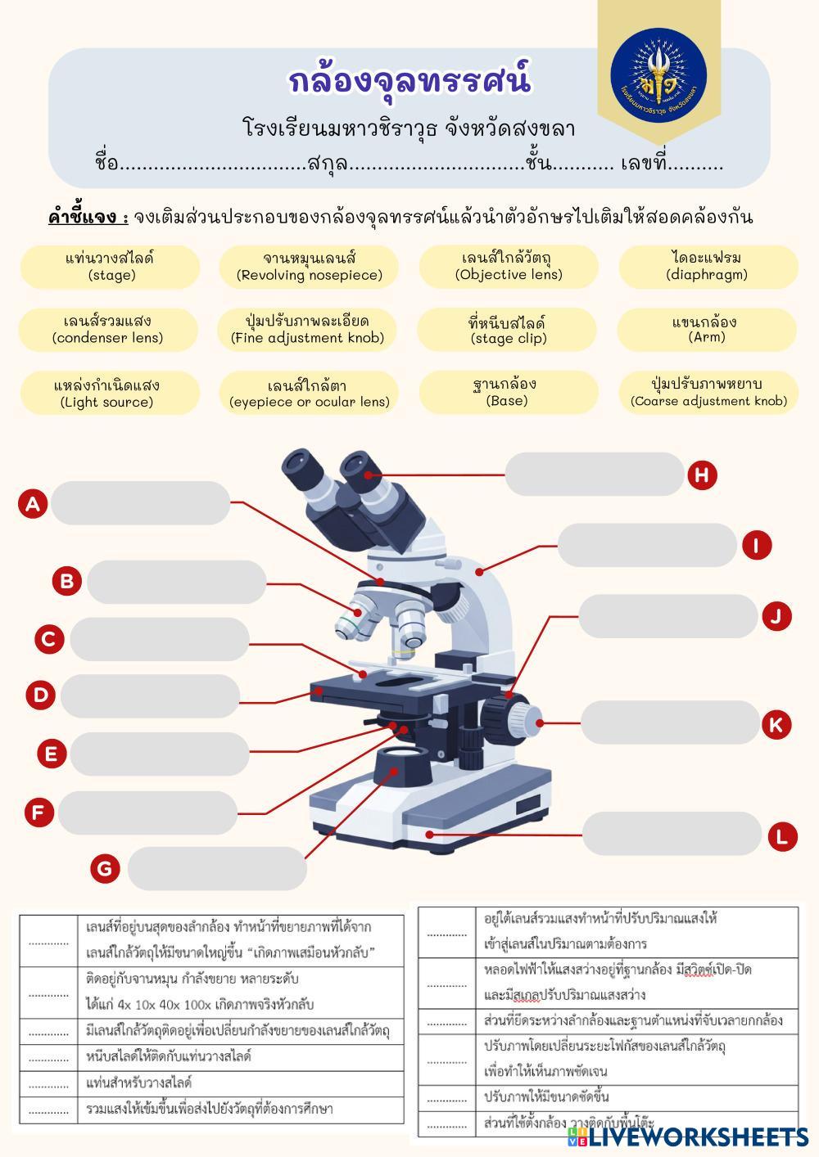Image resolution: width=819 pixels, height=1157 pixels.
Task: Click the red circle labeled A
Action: [x=33, y=503]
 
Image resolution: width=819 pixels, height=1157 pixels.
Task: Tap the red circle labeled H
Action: [x=702, y=475]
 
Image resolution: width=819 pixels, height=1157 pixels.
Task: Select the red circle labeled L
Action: [x=782, y=836]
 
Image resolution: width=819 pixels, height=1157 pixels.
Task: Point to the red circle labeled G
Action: [x=105, y=868]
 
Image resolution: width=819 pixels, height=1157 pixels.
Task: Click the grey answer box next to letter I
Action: [x=647, y=546]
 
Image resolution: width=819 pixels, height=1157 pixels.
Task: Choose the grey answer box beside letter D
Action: [x=150, y=696]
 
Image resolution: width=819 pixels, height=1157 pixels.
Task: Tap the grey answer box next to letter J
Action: [x=667, y=616]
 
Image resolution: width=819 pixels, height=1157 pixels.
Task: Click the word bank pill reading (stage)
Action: [x=111, y=267]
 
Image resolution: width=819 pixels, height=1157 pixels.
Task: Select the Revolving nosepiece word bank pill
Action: [x=310, y=267]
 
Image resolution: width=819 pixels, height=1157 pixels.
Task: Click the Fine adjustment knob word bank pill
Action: [x=307, y=329]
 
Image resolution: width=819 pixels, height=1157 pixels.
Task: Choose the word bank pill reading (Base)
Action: [x=506, y=392]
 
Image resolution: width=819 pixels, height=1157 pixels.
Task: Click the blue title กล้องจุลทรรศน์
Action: [x=409, y=82]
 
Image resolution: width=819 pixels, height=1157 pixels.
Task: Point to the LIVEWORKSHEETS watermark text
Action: [x=698, y=1137]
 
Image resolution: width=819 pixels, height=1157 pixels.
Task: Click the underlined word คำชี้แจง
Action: [x=88, y=217]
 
